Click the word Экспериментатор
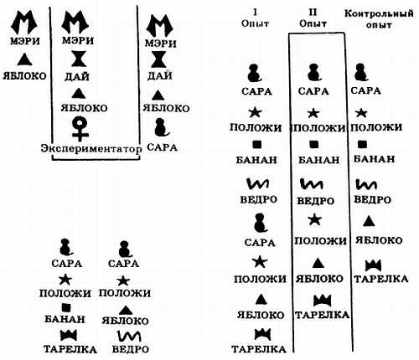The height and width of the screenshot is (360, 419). (91, 149)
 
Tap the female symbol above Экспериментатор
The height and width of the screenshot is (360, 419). (80, 129)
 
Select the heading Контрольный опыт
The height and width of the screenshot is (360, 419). (379, 18)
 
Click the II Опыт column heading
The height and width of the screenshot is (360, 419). (313, 18)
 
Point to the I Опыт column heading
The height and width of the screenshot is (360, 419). (255, 18)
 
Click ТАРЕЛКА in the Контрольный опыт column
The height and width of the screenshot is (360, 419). (381, 279)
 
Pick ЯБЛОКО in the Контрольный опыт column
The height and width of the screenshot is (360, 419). (379, 240)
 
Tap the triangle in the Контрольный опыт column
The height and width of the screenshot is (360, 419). (369, 221)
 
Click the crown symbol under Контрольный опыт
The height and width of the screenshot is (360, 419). (373, 265)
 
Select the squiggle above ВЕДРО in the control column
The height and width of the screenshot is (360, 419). (366, 184)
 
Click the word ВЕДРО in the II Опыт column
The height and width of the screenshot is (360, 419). (315, 201)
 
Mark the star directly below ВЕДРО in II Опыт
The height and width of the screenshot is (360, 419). (315, 219)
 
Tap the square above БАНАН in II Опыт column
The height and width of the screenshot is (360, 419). (314, 144)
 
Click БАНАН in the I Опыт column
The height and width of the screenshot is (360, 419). (256, 160)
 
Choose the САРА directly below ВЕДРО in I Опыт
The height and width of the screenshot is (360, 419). (260, 242)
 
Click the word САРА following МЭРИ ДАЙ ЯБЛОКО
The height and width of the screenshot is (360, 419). (162, 147)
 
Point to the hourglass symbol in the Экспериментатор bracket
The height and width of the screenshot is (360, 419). (79, 59)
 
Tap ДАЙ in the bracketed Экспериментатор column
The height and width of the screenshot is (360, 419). (77, 76)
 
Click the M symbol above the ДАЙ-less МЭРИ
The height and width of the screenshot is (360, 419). (24, 23)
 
